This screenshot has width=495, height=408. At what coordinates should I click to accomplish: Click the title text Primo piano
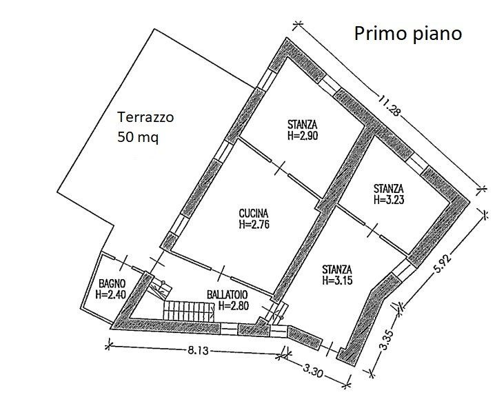click(408, 34)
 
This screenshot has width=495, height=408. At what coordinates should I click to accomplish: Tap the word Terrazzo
click(145, 117)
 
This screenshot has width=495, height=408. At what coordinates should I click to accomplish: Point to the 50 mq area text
click(138, 138)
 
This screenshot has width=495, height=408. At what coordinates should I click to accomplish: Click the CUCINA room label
click(254, 214)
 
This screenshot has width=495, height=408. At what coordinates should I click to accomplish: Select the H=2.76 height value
click(254, 225)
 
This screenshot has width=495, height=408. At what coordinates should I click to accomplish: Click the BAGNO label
click(112, 283)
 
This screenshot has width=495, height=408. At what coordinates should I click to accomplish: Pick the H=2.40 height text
click(111, 294)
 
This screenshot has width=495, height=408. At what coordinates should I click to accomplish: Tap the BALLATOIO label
click(228, 295)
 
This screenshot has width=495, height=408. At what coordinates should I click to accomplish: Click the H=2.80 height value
click(234, 305)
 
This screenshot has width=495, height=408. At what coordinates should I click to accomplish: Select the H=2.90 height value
click(303, 135)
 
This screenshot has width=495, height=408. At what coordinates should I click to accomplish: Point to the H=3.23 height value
click(389, 200)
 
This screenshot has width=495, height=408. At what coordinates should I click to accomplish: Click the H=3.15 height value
click(337, 280)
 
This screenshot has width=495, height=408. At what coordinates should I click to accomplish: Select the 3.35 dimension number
click(387, 340)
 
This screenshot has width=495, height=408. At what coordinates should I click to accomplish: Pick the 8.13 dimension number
click(199, 350)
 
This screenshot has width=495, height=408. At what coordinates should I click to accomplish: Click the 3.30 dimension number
click(313, 371)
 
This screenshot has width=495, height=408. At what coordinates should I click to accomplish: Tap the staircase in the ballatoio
click(188, 311)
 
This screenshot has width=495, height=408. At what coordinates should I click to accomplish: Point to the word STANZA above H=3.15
click(337, 269)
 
